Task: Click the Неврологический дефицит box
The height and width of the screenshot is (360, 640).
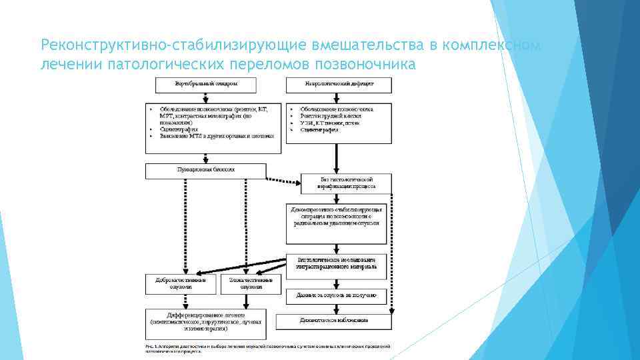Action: coord(339,85)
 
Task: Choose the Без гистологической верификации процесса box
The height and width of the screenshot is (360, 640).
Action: coord(346,183)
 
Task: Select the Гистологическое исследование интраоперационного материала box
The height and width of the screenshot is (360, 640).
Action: coord(336,263)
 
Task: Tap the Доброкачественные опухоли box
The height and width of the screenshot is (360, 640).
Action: coord(177,283)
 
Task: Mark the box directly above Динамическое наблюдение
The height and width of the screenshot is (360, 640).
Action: coord(336,295)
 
